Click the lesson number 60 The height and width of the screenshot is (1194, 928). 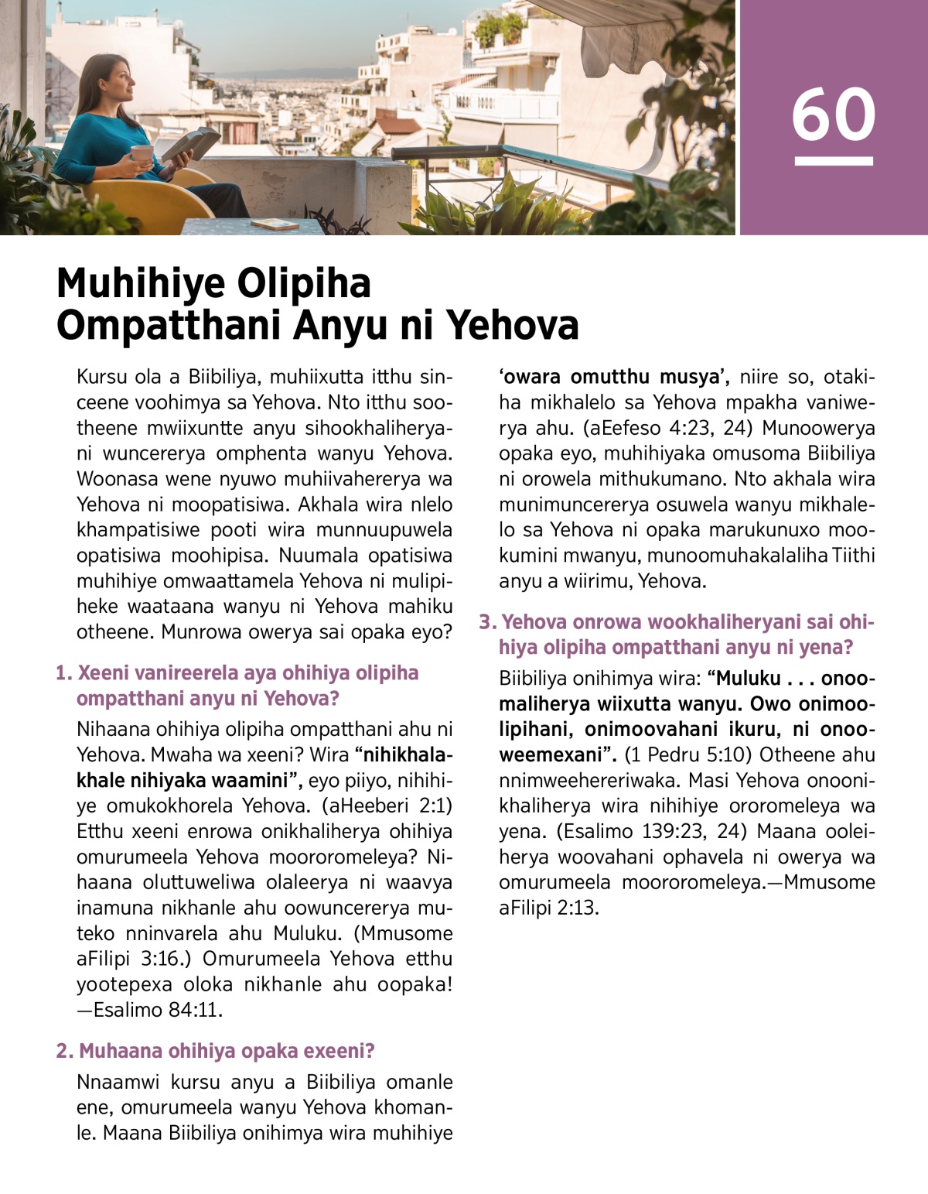click(x=833, y=115)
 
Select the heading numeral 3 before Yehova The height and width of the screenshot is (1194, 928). click(x=486, y=622)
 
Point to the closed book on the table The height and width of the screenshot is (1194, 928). click(x=274, y=224)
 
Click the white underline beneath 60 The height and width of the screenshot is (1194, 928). click(x=833, y=161)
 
